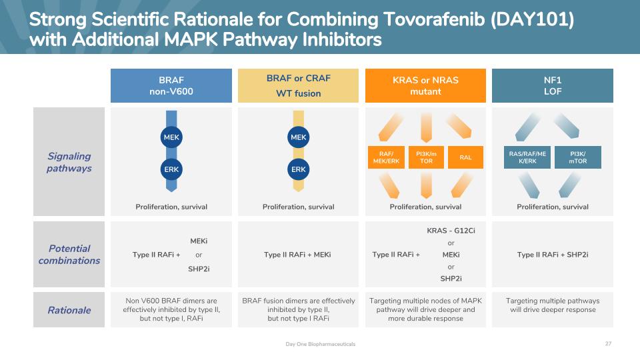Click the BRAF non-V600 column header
click(171, 86)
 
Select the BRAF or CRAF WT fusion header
click(299, 86)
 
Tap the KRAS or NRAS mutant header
click(425, 86)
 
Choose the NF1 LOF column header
click(553, 86)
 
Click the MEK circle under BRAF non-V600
click(171, 137)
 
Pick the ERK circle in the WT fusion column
click(299, 169)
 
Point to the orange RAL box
click(466, 157)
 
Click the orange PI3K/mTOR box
click(426, 157)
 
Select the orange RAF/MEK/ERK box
click(386, 157)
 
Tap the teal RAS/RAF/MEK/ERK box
click(527, 157)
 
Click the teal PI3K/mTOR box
click(578, 157)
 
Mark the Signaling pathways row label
click(69, 162)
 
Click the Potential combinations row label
click(69, 254)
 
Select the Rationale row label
click(69, 310)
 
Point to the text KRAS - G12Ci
click(451, 231)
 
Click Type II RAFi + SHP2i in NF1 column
click(553, 255)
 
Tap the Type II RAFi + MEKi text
click(297, 255)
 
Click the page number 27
click(608, 344)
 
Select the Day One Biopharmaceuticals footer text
click(321, 344)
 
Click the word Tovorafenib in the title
click(434, 19)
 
